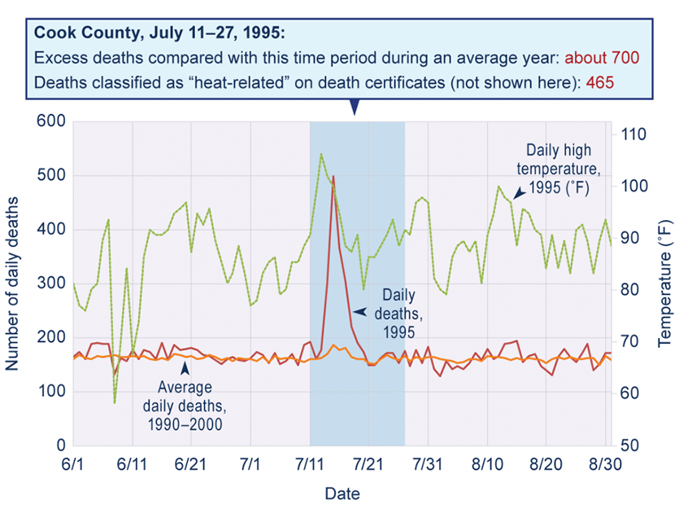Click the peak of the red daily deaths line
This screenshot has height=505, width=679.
click(333, 176)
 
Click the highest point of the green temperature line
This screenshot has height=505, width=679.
click(321, 153)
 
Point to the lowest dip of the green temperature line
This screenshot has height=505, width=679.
click(115, 402)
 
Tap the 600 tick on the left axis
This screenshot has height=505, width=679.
click(50, 121)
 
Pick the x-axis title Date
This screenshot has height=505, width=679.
click(342, 493)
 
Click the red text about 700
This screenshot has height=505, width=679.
click(603, 59)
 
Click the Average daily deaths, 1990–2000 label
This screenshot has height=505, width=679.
click(185, 406)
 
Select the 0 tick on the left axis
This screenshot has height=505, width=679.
click(60, 446)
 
